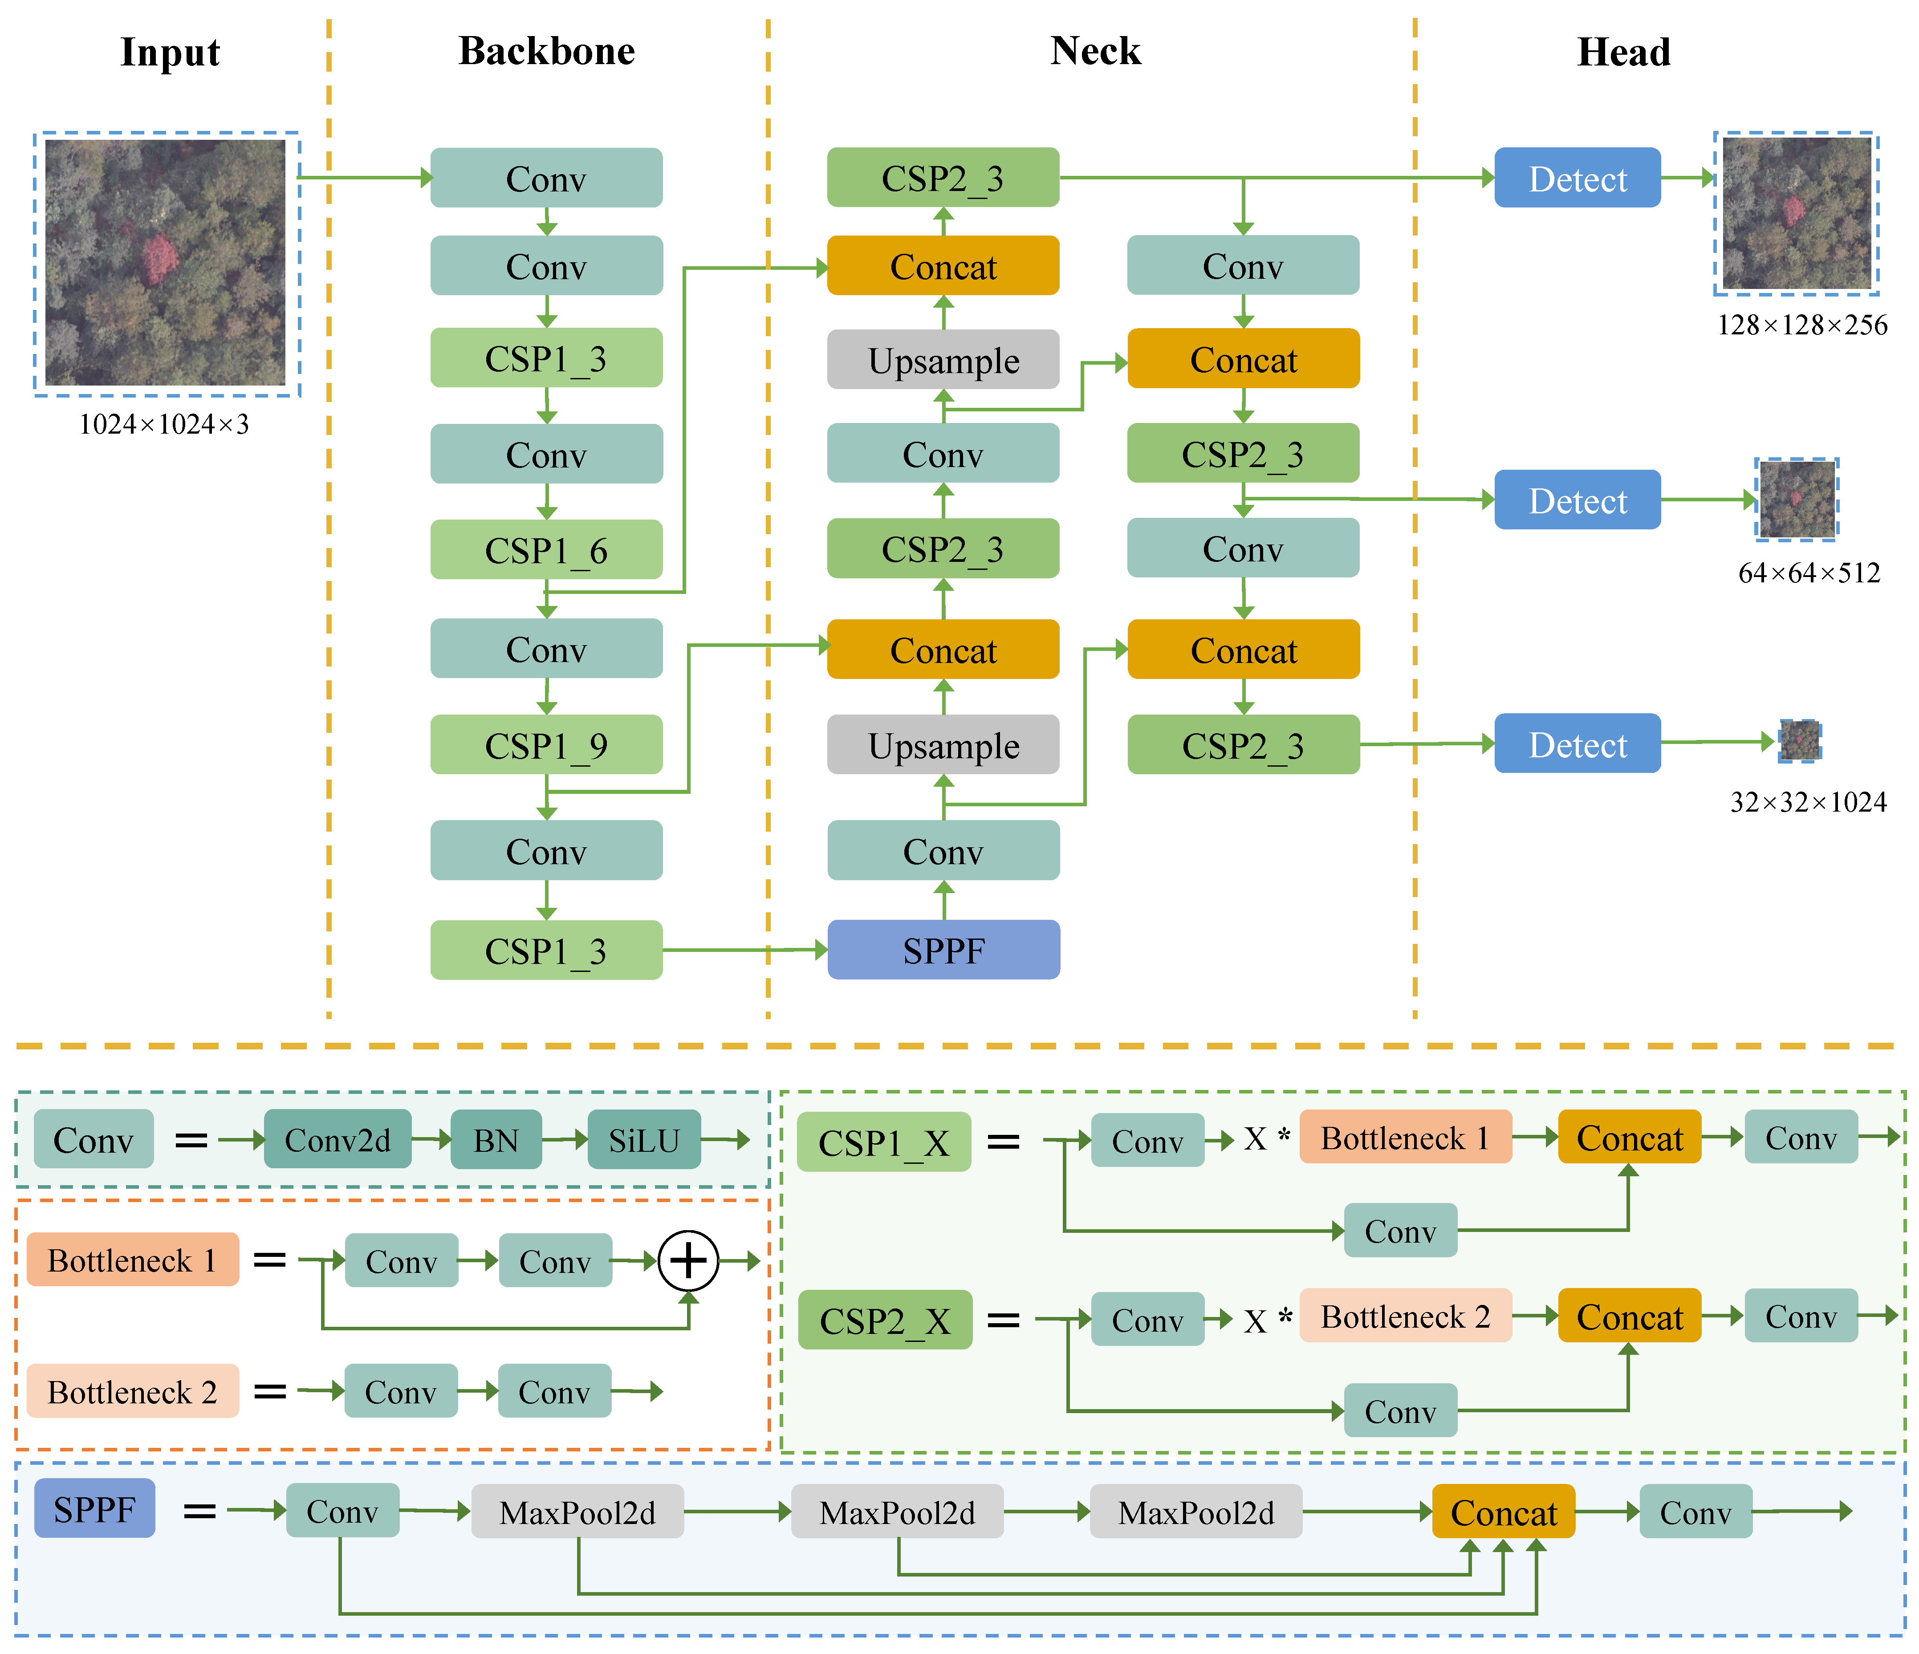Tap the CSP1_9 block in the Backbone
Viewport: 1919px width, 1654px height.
[x=546, y=744]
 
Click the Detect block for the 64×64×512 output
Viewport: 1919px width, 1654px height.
[x=1577, y=500]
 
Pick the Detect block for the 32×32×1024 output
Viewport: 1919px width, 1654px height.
[x=1577, y=744]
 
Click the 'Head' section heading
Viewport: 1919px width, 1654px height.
[x=1623, y=52]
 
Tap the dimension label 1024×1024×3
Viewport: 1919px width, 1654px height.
[x=164, y=424]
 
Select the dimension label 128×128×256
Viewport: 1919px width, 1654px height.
[x=1801, y=325]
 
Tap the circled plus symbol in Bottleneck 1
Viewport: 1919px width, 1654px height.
[x=688, y=1260]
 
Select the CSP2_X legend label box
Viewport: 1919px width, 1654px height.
[x=886, y=1320]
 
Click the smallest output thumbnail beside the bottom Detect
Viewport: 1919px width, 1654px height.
[x=1800, y=741]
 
